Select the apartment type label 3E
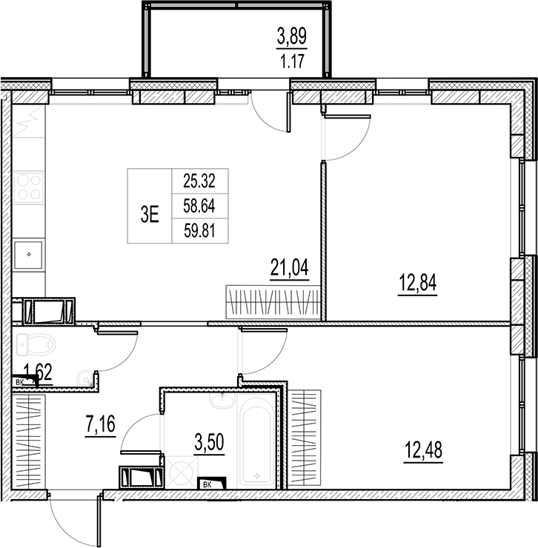[x=150, y=215]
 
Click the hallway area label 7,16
[x=98, y=426]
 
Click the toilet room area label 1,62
[x=39, y=372]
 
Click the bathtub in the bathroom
[x=256, y=444]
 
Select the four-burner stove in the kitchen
[x=29, y=187]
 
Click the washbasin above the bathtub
[x=220, y=401]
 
